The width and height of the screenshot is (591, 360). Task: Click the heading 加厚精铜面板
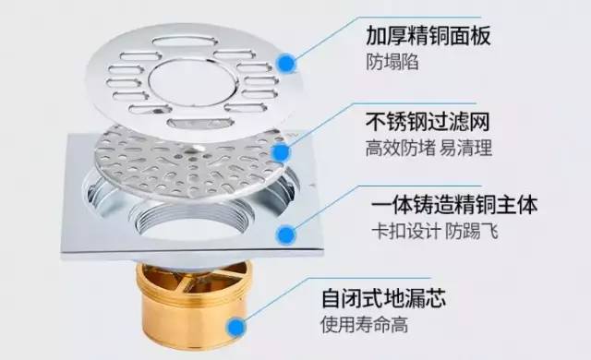428,36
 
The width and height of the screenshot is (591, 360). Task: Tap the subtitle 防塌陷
392,62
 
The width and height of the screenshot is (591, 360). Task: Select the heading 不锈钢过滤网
428,121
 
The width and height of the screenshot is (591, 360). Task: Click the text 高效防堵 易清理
428,148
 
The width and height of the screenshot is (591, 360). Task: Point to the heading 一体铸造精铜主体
454,205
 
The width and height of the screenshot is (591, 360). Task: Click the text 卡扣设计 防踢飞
435,231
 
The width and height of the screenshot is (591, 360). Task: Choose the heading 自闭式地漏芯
383,298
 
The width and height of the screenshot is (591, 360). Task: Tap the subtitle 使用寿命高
365,324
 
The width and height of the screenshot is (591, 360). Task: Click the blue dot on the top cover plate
287,63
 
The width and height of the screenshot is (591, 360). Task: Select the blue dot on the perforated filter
281,152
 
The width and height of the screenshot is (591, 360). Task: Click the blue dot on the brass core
236,327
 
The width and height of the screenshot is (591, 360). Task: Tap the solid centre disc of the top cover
193,82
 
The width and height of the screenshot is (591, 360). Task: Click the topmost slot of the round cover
185,41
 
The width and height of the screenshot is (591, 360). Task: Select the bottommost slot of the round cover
200,123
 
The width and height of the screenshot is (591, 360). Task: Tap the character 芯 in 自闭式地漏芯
435,298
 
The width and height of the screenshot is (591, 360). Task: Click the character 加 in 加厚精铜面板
376,36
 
